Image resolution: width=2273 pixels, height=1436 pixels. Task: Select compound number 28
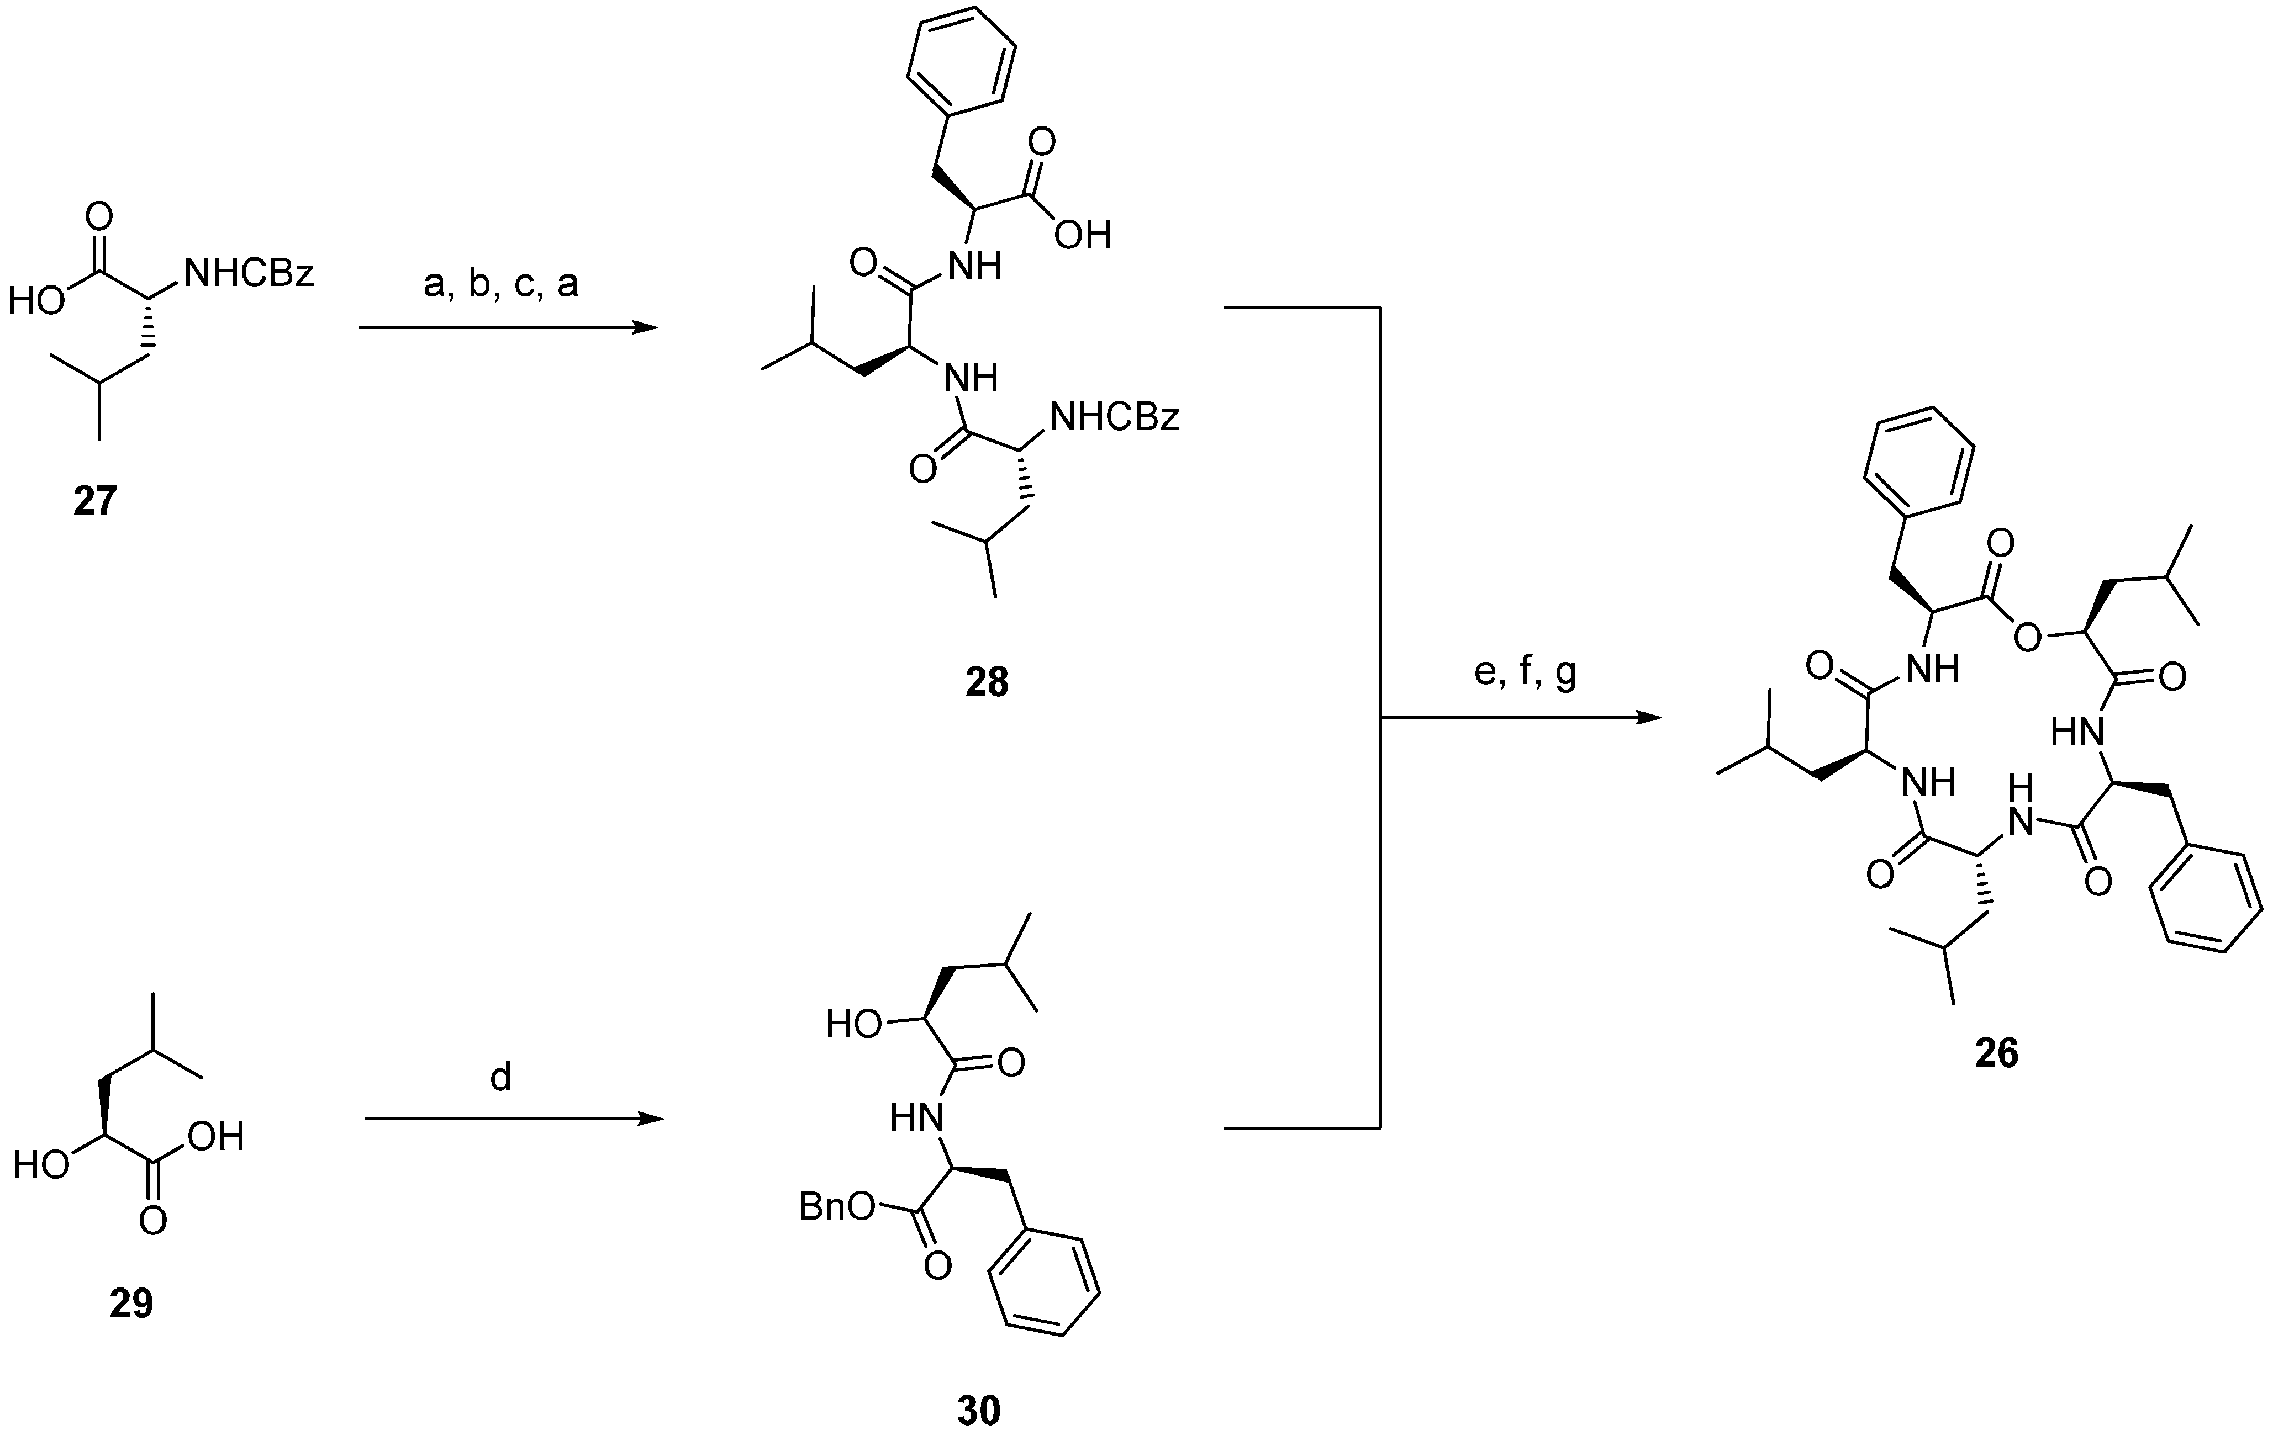tap(987, 681)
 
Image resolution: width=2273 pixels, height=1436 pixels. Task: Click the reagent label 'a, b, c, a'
tap(500, 283)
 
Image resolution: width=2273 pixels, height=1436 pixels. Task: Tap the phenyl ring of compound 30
tap(1044, 1283)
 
